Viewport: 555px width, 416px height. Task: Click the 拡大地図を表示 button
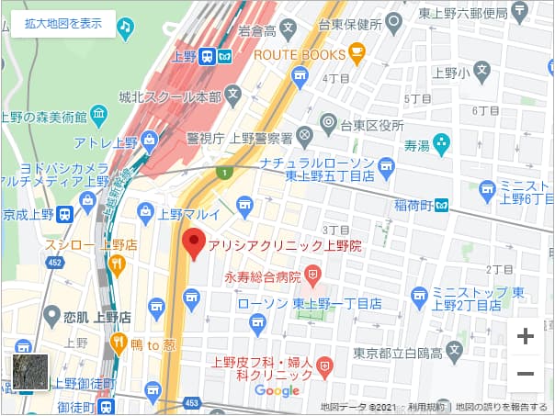(x=63, y=24)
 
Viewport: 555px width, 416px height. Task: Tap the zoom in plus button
(x=525, y=336)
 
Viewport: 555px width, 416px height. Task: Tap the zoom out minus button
(x=525, y=374)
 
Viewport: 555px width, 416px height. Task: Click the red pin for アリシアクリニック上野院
(x=193, y=244)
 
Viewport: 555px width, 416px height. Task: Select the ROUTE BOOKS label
(x=300, y=54)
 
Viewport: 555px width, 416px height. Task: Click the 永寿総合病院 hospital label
(x=263, y=275)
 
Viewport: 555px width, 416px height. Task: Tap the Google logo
(x=277, y=391)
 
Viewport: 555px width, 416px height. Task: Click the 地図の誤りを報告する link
(x=503, y=407)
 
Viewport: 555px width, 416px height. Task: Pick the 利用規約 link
(x=426, y=407)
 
